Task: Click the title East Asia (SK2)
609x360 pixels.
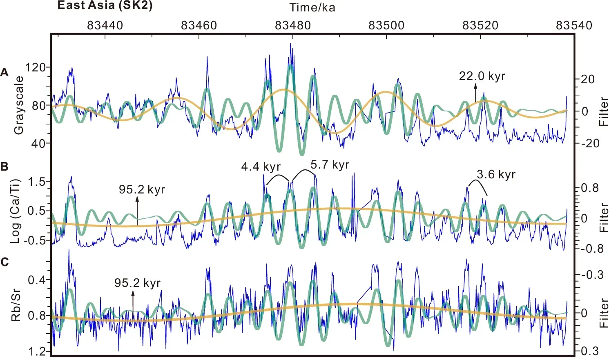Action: (x=105, y=6)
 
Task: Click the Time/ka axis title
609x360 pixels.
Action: (x=312, y=7)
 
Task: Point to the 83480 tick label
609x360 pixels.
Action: (x=292, y=25)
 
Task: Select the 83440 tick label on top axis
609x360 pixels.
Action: (x=105, y=25)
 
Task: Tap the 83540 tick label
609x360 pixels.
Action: (x=574, y=25)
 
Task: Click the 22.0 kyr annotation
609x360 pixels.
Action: (x=482, y=76)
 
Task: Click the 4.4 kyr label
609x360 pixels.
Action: (x=261, y=167)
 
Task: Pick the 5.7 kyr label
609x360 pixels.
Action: (x=330, y=165)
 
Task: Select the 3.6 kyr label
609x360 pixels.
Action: (x=496, y=175)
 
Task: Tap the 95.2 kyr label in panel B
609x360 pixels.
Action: (x=142, y=190)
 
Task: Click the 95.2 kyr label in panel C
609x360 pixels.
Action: (x=137, y=283)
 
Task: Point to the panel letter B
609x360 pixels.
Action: (x=4, y=167)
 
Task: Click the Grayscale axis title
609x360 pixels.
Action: (x=19, y=105)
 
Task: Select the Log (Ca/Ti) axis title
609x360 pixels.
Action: (x=16, y=211)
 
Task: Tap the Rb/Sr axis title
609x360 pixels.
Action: (x=16, y=306)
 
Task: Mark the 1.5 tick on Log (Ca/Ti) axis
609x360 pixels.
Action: (x=36, y=182)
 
